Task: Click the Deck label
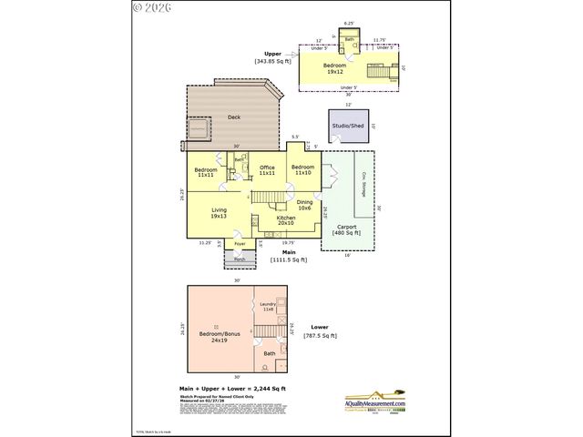point(234,117)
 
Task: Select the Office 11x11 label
point(267,170)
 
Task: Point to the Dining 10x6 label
point(304,205)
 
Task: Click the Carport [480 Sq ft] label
point(346,229)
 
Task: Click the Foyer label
point(240,244)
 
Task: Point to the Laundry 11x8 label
point(269,308)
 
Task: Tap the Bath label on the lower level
point(270,353)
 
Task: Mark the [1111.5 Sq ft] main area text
point(288,259)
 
